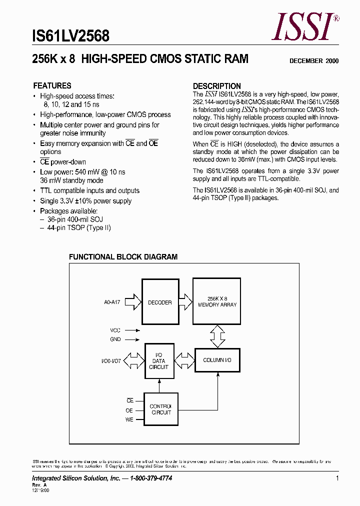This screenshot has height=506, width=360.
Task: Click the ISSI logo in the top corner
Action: coord(304,27)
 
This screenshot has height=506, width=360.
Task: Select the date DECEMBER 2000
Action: coord(314,61)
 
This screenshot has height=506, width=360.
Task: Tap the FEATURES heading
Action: coord(52,85)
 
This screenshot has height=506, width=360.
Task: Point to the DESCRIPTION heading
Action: coord(217,86)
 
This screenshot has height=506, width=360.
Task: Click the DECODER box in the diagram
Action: coord(159,302)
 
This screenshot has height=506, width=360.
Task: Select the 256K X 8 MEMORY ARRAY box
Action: coord(217,302)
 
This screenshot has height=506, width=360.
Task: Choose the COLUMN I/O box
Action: coord(217,360)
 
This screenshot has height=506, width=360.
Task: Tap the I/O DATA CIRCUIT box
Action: coord(159,360)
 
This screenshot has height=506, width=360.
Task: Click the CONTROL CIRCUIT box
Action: coord(160,409)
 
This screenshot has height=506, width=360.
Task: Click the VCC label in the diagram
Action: coord(115,330)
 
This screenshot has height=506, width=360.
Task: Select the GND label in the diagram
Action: coord(115,339)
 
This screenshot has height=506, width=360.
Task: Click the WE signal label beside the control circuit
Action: coord(129,419)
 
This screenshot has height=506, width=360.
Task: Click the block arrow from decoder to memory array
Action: coord(185,302)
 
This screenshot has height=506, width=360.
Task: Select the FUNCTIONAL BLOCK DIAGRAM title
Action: coord(123,257)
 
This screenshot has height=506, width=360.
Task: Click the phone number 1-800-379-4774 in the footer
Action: coord(151,478)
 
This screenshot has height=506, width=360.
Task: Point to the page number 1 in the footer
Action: coord(337,478)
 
